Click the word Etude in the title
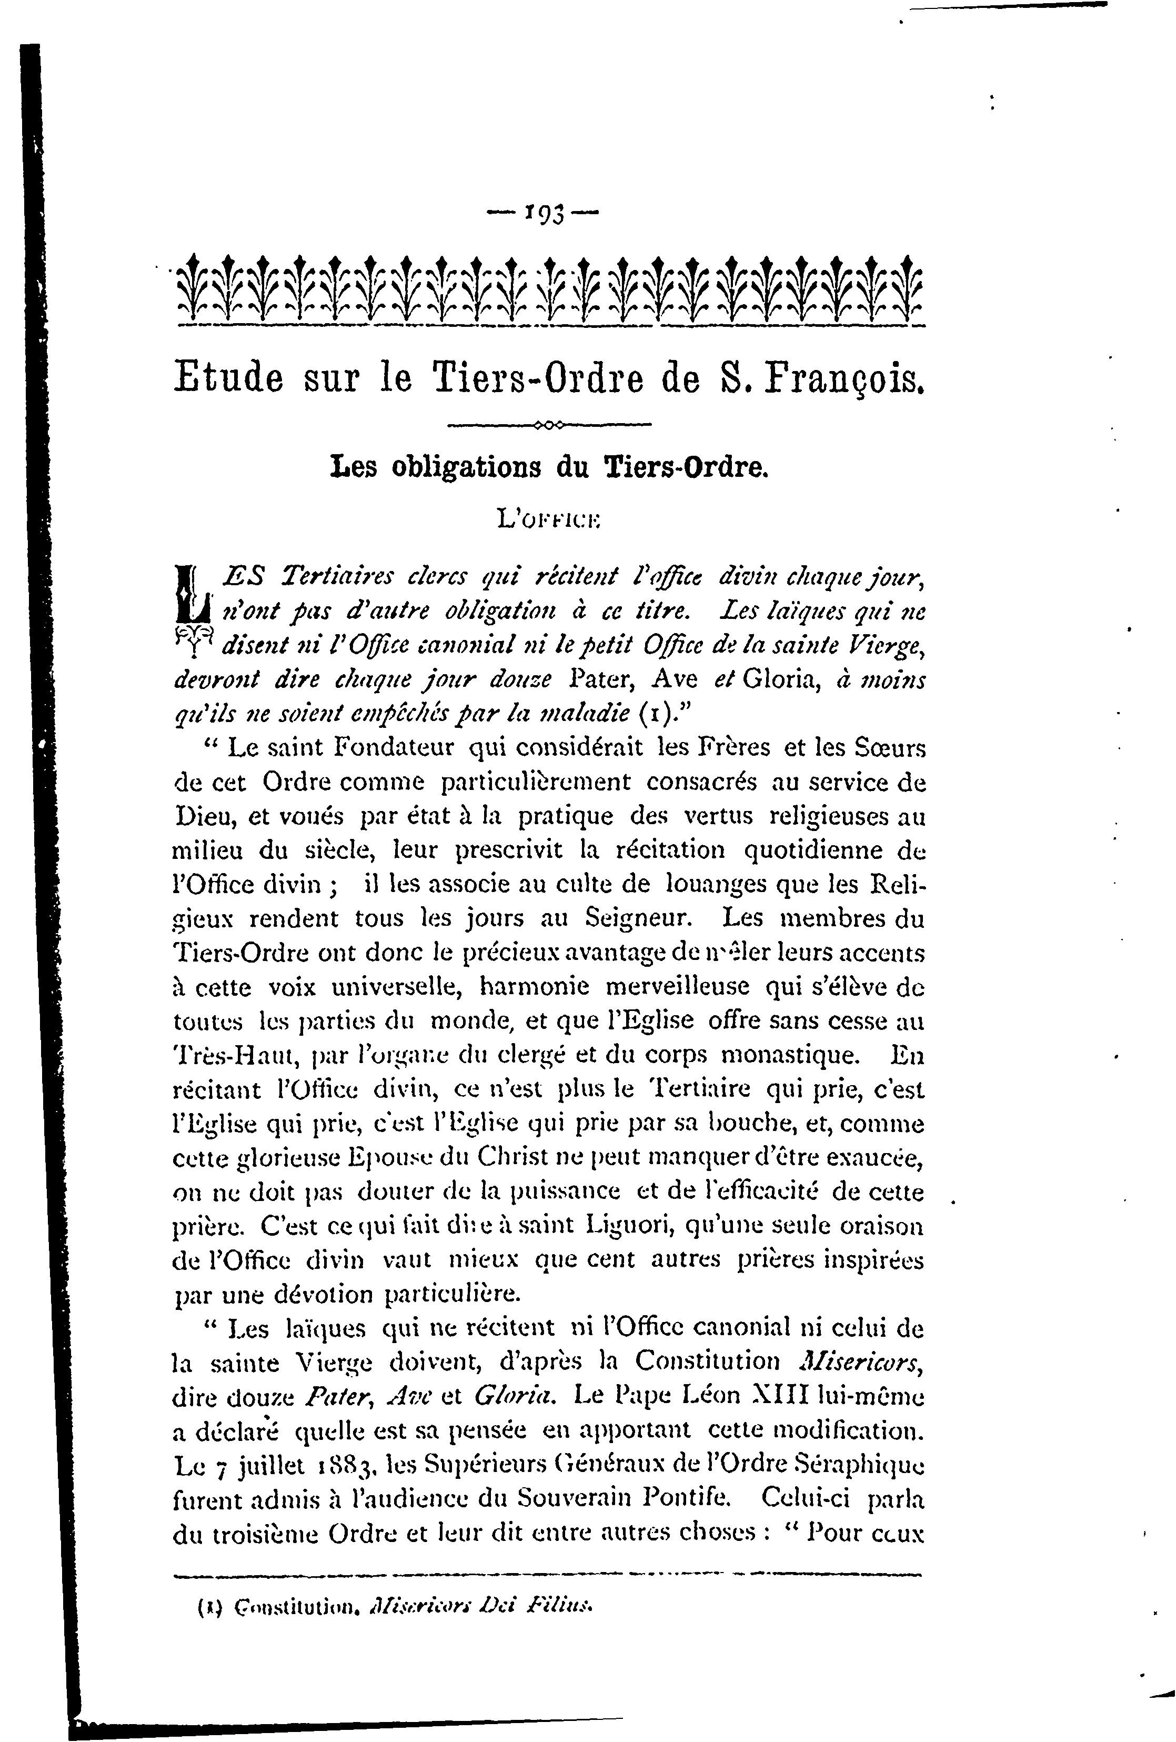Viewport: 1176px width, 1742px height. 228,376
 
